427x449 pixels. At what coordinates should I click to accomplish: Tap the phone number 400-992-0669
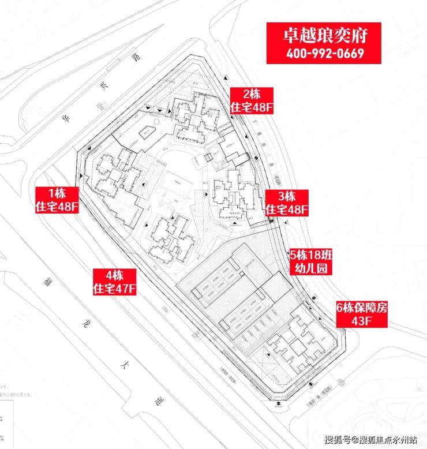click(x=323, y=54)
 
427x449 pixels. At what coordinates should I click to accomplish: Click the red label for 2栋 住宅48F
click(x=252, y=100)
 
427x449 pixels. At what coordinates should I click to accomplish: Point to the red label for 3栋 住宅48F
click(x=287, y=203)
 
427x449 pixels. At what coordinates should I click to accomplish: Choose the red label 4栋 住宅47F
click(x=114, y=281)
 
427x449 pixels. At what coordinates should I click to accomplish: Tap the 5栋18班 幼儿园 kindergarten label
click(x=312, y=261)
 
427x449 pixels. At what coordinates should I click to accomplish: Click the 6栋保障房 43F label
click(x=362, y=314)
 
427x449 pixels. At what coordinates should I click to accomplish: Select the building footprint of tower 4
click(x=169, y=238)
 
